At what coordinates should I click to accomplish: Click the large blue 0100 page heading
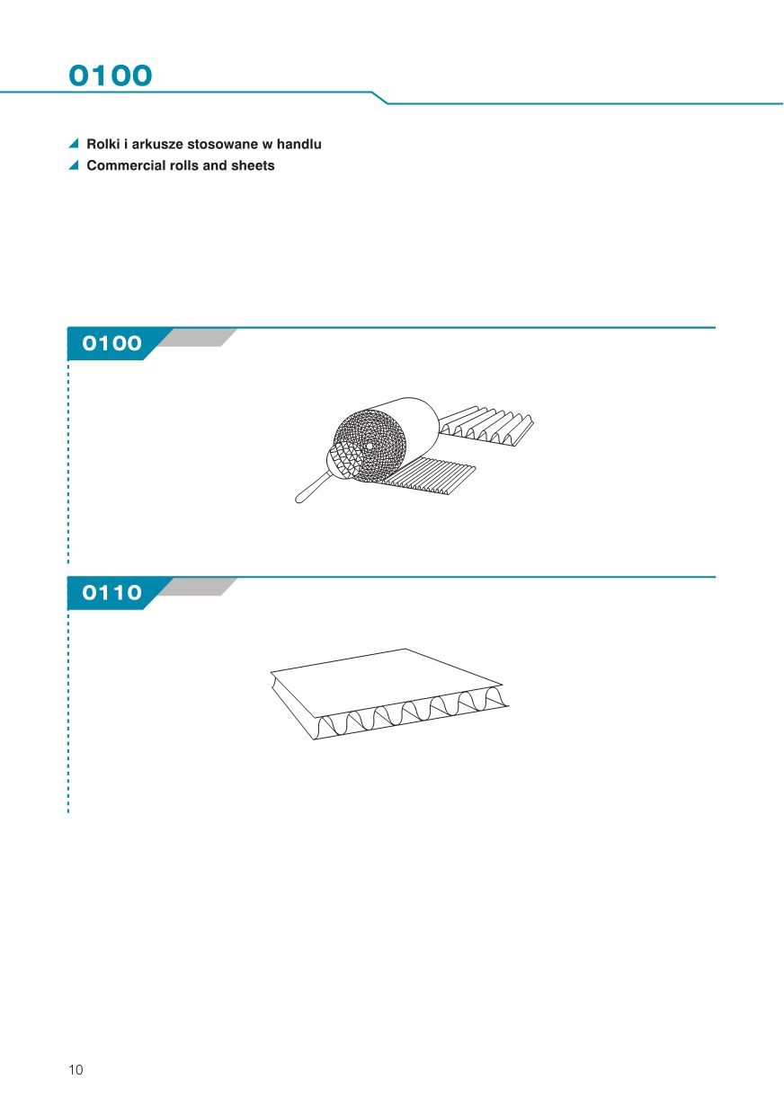pyautogui.click(x=110, y=75)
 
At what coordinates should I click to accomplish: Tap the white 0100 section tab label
pyautogui.click(x=112, y=343)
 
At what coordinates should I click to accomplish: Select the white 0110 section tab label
pyautogui.click(x=112, y=592)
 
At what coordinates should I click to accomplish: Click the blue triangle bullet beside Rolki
pyautogui.click(x=75, y=144)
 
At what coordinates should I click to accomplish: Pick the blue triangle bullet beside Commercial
pyautogui.click(x=75, y=165)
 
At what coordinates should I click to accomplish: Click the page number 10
pyautogui.click(x=76, y=1070)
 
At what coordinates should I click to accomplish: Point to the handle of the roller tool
pyautogui.click(x=312, y=488)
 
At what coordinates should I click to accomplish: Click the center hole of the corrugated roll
pyautogui.click(x=370, y=447)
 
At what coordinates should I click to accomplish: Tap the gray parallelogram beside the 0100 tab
pyautogui.click(x=198, y=338)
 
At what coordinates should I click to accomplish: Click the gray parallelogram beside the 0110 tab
pyautogui.click(x=198, y=587)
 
